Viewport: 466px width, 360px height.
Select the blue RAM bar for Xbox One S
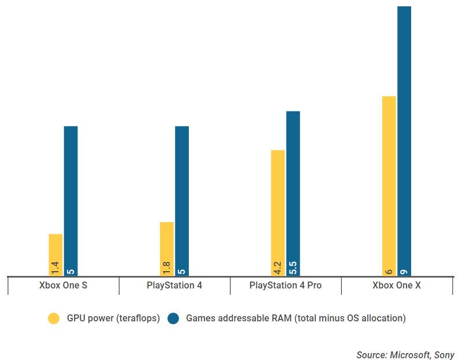(70, 196)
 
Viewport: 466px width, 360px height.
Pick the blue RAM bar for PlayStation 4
(182, 196)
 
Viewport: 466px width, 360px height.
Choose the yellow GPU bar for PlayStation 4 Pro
(278, 208)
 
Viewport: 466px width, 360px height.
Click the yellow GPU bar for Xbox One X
(389, 179)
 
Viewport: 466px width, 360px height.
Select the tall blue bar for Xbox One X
(404, 138)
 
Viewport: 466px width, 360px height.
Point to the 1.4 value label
(55, 268)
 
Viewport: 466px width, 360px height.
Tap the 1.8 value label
(166, 268)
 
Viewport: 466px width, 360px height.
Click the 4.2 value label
(278, 268)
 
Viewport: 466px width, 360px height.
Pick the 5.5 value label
(293, 268)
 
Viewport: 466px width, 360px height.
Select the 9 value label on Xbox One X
(404, 270)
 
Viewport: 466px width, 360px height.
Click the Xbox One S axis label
(64, 286)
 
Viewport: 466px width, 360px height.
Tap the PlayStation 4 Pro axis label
(285, 286)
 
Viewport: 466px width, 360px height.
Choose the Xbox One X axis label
(396, 286)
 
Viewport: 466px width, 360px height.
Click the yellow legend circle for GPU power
(54, 318)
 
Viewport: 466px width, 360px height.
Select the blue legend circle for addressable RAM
(173, 318)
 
